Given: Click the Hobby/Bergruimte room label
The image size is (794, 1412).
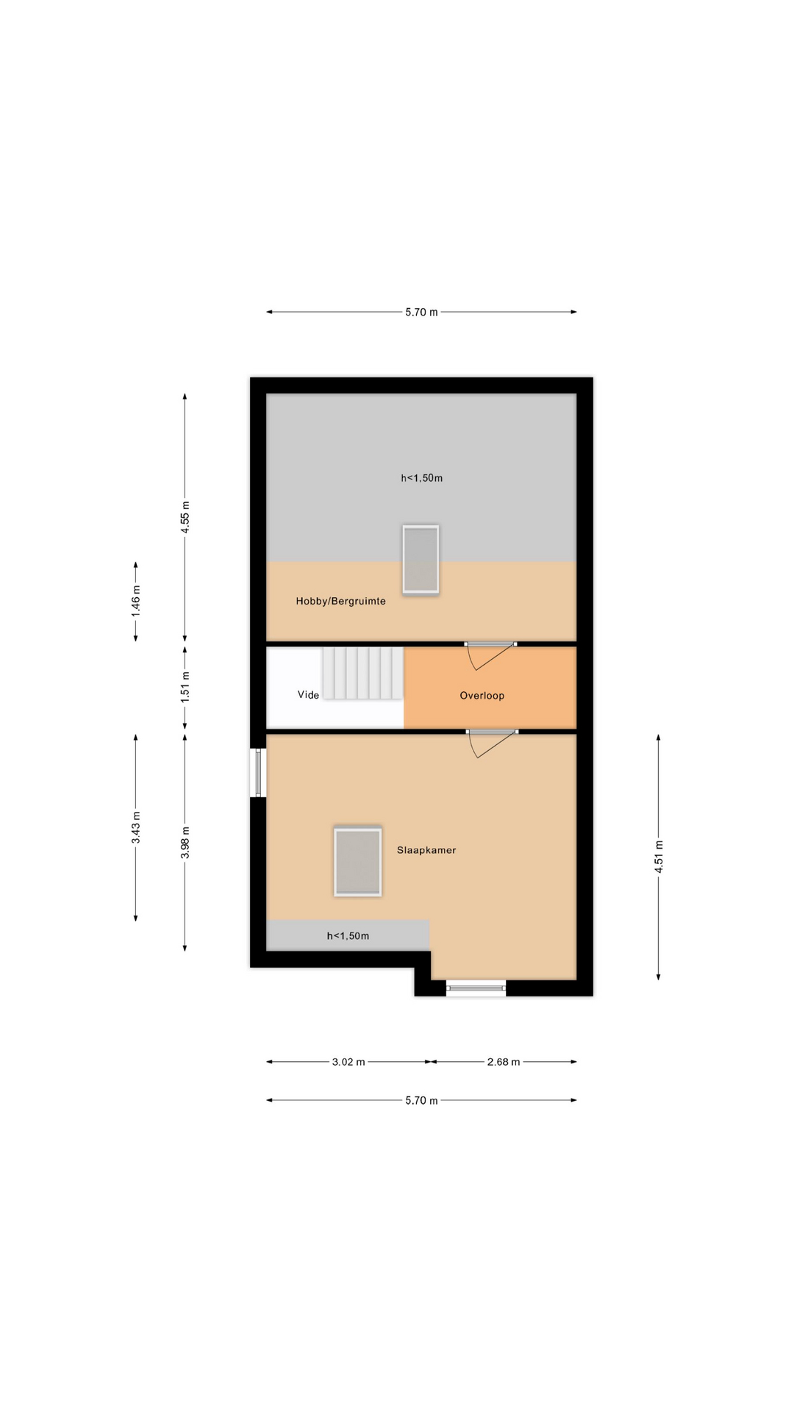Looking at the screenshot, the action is point(340,601).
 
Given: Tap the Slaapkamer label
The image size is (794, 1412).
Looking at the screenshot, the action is point(426,850).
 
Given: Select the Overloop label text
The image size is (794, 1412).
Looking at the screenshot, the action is point(482,696).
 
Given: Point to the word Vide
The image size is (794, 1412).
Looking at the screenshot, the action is point(309,695).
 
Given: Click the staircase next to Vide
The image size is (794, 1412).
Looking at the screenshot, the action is point(362,673).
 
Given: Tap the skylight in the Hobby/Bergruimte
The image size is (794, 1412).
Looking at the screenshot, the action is point(421,559).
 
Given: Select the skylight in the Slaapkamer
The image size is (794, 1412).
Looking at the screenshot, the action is point(358,862).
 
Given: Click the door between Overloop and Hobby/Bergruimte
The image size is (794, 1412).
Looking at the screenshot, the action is point(490,655).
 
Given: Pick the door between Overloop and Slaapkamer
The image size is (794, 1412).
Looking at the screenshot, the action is point(492,743).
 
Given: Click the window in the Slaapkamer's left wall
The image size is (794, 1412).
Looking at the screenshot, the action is point(258,773).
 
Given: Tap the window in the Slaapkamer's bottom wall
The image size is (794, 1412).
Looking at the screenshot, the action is point(476,988).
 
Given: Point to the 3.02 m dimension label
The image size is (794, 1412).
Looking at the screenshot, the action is point(348,1062).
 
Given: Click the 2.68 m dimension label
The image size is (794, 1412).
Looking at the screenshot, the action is point(504,1062).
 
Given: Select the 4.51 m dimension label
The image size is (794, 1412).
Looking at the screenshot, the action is point(659,857).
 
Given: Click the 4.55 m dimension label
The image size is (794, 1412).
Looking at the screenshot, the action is point(185,517).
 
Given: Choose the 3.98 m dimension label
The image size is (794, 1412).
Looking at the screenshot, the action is point(185,841).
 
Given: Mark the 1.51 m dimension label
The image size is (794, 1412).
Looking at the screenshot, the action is point(185,687).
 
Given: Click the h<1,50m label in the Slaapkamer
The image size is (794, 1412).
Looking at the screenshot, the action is point(348,936).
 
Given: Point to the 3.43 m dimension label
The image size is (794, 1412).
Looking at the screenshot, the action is point(136,827).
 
